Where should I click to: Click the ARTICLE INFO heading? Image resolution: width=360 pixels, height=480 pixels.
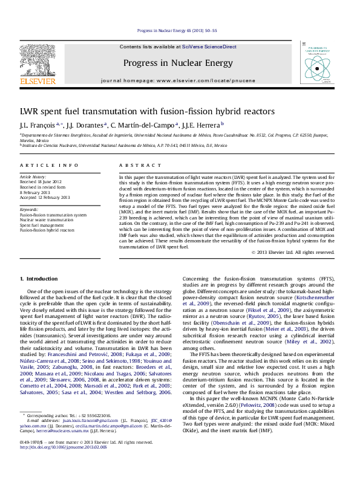49,165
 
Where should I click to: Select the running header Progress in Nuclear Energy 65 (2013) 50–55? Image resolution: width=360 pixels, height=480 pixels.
180,30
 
